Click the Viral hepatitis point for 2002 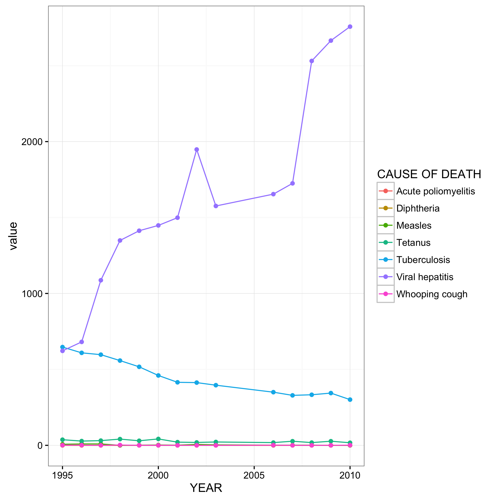[x=197, y=149]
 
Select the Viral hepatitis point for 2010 [x=350, y=27]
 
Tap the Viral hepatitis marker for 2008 [x=312, y=61]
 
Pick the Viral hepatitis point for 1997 [x=101, y=280]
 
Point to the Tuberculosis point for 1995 [x=62, y=347]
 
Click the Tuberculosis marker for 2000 [x=158, y=375]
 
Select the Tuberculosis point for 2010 [x=350, y=399]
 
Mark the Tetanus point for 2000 [x=158, y=439]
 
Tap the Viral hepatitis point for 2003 [x=216, y=206]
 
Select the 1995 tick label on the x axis [x=62, y=475]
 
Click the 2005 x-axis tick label [x=254, y=475]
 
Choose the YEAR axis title [x=206, y=488]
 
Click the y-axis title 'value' [x=13, y=236]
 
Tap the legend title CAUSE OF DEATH [x=429, y=174]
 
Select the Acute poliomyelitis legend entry [x=435, y=191]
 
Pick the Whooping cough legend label [x=432, y=294]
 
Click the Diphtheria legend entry [x=418, y=208]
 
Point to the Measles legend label [x=414, y=226]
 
